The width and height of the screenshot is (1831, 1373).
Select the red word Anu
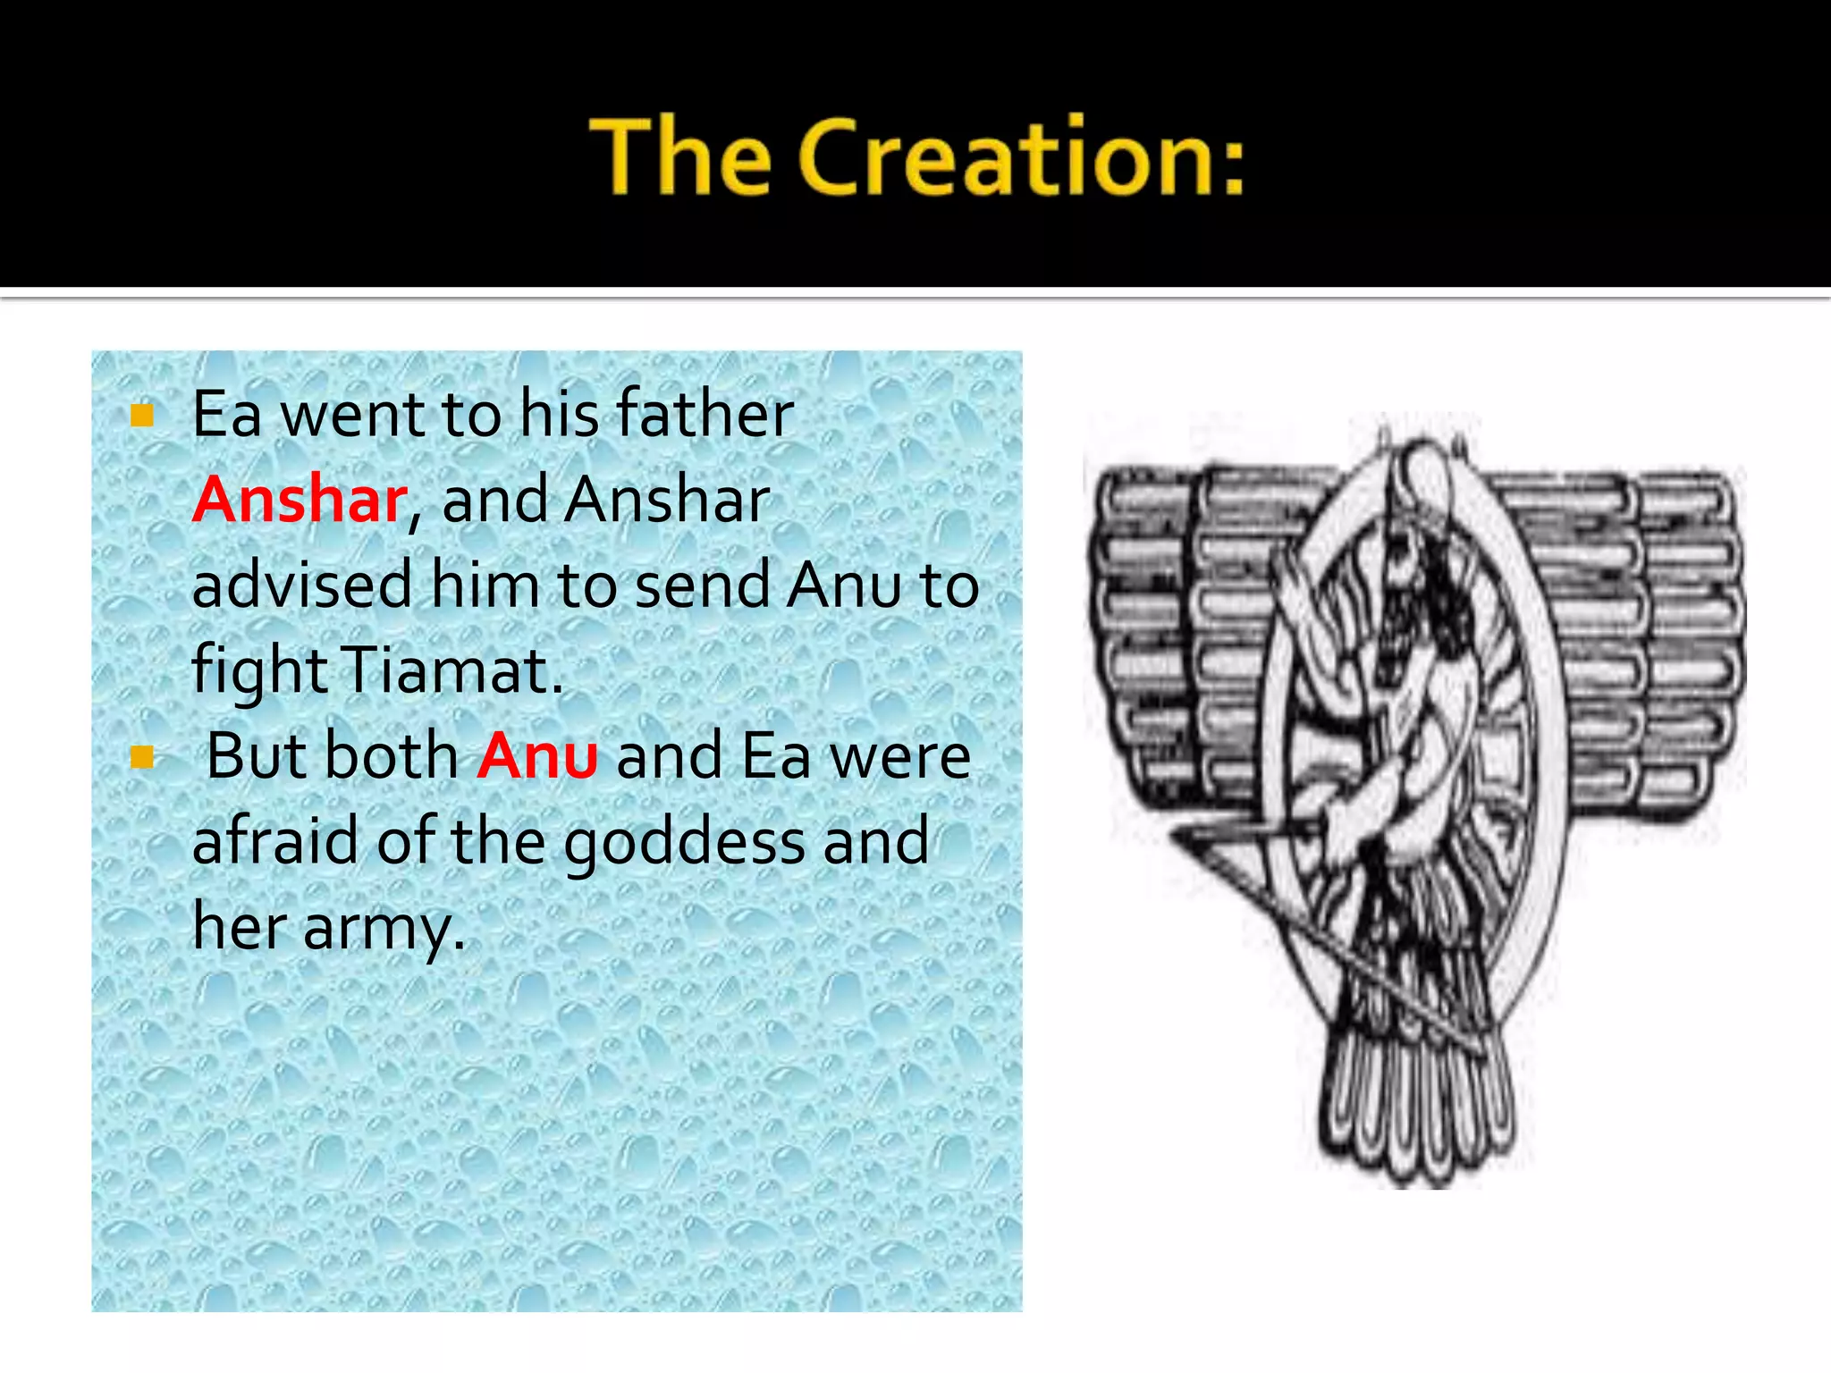click(537, 756)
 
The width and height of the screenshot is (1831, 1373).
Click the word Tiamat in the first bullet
click(452, 670)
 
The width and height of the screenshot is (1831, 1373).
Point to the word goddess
click(684, 842)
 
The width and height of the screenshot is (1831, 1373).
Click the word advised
click(302, 585)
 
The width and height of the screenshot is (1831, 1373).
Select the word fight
click(259, 671)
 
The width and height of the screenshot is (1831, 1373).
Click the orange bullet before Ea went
click(142, 415)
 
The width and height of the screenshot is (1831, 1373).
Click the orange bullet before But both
click(142, 757)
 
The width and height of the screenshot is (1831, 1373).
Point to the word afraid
click(274, 842)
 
